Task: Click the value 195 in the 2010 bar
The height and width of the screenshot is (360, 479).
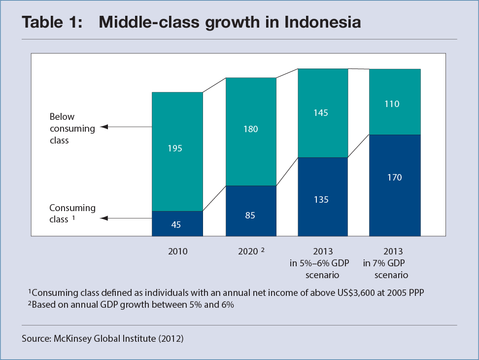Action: [175, 148]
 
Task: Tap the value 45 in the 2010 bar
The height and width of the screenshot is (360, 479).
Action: [176, 224]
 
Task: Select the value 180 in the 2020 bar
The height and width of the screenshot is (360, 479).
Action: [250, 129]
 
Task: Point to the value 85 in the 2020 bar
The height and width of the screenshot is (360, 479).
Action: [250, 215]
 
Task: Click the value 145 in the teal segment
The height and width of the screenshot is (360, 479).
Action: [321, 113]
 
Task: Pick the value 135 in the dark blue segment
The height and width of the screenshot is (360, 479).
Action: [321, 200]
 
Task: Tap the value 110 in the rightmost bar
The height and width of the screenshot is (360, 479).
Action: [392, 104]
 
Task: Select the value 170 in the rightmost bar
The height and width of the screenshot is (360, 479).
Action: [394, 177]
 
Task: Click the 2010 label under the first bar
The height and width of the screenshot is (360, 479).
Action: [178, 251]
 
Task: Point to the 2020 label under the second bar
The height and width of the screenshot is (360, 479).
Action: [248, 251]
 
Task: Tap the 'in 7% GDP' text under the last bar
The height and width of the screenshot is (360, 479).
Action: [384, 263]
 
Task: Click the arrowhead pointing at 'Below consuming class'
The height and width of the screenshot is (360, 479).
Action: [104, 127]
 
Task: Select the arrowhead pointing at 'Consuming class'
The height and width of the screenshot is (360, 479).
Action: [104, 218]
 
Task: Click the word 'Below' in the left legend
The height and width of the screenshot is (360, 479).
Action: [62, 116]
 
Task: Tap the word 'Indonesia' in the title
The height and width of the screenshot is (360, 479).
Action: [323, 22]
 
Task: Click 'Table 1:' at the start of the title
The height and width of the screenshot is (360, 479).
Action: [52, 22]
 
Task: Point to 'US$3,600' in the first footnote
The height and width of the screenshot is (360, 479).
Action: [356, 293]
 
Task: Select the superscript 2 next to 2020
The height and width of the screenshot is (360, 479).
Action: [263, 250]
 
